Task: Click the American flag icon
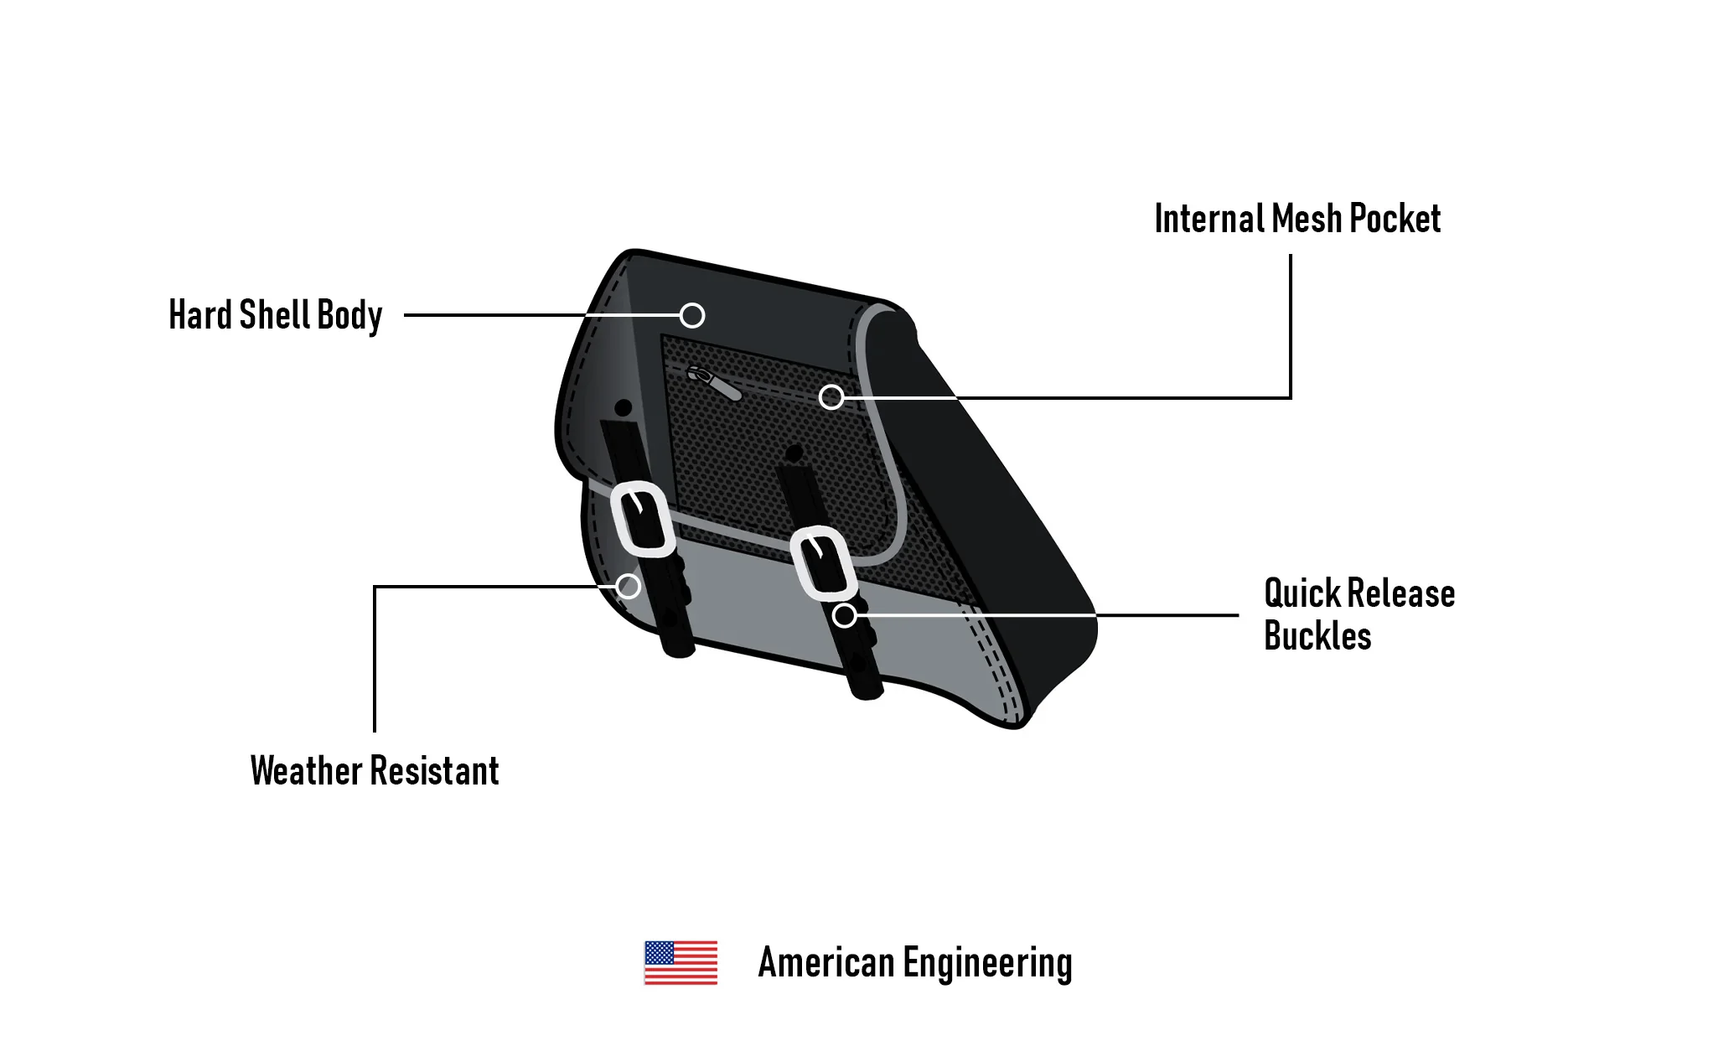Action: tap(681, 962)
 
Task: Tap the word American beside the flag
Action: tap(825, 962)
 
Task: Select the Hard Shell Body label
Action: tap(275, 316)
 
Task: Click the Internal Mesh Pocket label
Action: tap(1296, 219)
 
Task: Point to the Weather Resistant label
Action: tap(374, 771)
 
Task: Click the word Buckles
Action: tap(1317, 636)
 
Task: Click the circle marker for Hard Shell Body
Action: tap(691, 315)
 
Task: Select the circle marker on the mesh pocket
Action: tap(831, 396)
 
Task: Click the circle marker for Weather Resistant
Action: tap(628, 586)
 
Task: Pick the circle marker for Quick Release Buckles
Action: tap(844, 615)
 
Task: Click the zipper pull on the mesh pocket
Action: tap(714, 383)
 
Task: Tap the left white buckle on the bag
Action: tap(643, 519)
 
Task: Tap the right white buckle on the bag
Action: tap(823, 562)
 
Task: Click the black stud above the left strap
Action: tap(623, 408)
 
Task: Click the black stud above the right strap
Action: tap(793, 453)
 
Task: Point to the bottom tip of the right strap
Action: tap(867, 692)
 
